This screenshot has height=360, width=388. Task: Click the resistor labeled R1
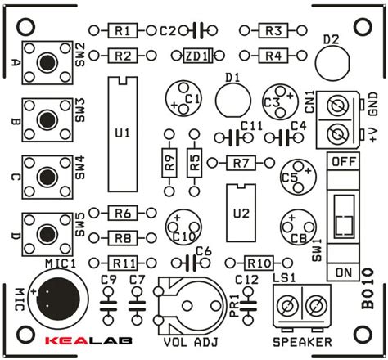[x=122, y=31]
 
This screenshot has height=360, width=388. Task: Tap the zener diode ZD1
[x=194, y=56]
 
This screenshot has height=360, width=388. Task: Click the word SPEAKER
[x=302, y=341]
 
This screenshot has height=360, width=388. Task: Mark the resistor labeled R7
[x=240, y=162]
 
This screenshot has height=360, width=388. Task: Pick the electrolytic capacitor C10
[x=181, y=227]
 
